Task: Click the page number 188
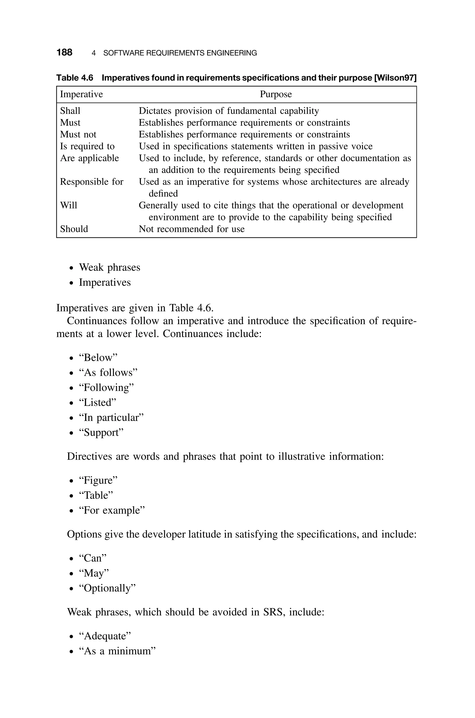pyautogui.click(x=64, y=52)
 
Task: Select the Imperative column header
pyautogui.click(x=81, y=94)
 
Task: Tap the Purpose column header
pyautogui.click(x=276, y=94)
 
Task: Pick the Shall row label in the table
pyautogui.click(x=70, y=111)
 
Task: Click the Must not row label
pyautogui.click(x=78, y=135)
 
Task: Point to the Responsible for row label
pyautogui.click(x=91, y=182)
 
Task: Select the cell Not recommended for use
pyautogui.click(x=191, y=229)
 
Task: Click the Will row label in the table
pyautogui.click(x=69, y=206)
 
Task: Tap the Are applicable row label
pyautogui.click(x=89, y=158)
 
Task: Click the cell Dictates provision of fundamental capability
pyautogui.click(x=229, y=111)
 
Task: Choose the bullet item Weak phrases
pyautogui.click(x=109, y=268)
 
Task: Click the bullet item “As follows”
pyautogui.click(x=108, y=373)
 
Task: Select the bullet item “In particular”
pyautogui.click(x=111, y=418)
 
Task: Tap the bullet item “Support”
pyautogui.click(x=101, y=433)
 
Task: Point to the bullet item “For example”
pyautogui.click(x=112, y=510)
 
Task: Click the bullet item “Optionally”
pyautogui.click(x=107, y=588)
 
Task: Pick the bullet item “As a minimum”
pyautogui.click(x=117, y=651)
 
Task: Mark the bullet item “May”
pyautogui.click(x=94, y=573)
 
